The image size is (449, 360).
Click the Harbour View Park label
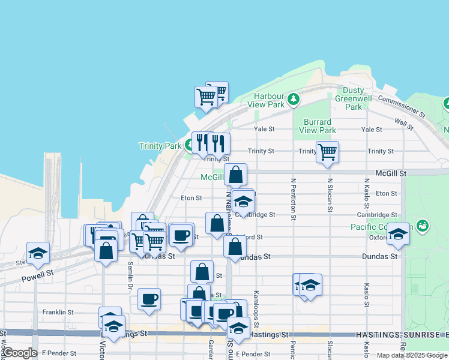269,100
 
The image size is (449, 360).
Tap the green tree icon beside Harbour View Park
294,98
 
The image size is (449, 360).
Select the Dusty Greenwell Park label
354,98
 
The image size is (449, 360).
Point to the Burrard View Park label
318,126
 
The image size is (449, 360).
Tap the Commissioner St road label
402,106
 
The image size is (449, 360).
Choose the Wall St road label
403,124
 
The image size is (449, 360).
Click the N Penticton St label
293,199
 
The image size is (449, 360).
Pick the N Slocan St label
330,195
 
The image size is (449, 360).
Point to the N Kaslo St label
366,195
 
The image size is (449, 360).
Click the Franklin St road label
58,312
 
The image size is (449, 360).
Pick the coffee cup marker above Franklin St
149,298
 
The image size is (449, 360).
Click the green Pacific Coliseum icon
423,226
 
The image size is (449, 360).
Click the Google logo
20,353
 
